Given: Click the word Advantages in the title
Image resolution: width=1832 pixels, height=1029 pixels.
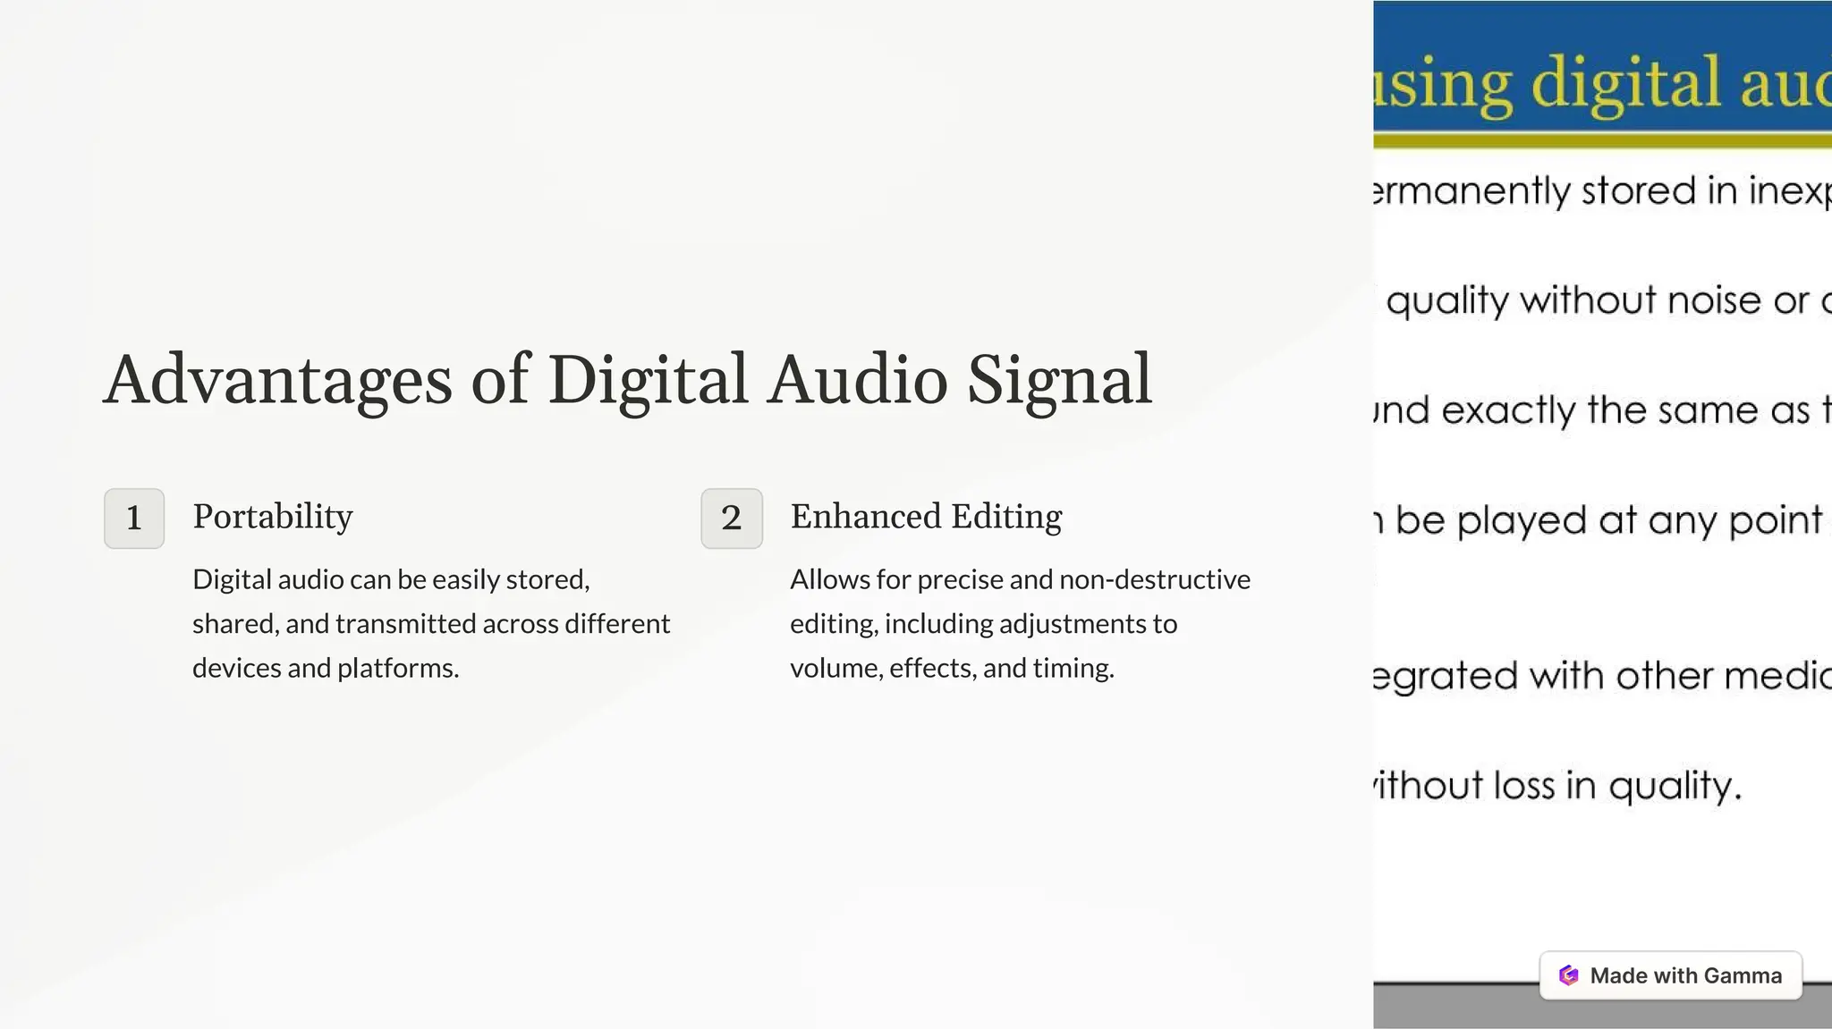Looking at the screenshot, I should tap(277, 380).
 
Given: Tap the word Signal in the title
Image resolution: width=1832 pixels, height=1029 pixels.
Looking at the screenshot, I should tap(1059, 380).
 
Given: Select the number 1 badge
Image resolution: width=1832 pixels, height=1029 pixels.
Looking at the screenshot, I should tap(134, 518).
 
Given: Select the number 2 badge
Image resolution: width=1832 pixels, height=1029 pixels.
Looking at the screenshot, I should tap(732, 518).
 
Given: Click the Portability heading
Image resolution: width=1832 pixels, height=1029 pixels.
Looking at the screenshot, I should tap(273, 517).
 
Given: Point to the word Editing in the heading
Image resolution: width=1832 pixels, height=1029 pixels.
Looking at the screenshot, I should tap(1006, 517).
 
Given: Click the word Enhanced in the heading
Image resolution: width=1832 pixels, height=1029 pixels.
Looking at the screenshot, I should tap(866, 517).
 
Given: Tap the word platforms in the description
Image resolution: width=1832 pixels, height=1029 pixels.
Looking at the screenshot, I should tap(396, 668).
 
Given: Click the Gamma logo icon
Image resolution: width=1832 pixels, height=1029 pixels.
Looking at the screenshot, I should tap(1568, 975).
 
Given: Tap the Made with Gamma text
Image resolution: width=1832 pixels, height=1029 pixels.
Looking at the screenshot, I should tap(1685, 975).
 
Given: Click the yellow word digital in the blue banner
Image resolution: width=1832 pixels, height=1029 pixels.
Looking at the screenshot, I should tap(1626, 82).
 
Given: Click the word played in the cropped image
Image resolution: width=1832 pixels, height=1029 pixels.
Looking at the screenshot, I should tap(1522, 520).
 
